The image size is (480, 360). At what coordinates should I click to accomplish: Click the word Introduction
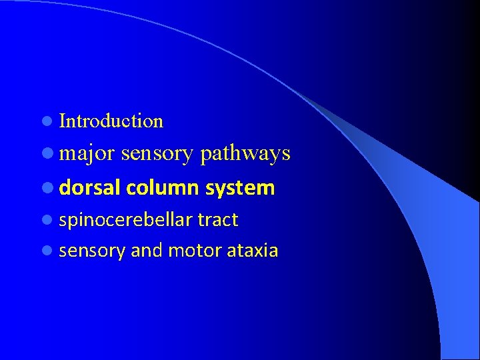[x=111, y=121]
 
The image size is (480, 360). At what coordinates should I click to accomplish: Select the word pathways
[x=245, y=153]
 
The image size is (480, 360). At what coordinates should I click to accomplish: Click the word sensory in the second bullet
[x=157, y=153]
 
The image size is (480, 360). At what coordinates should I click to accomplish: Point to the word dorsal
[x=89, y=188]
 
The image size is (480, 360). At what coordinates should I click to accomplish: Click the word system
[x=240, y=188]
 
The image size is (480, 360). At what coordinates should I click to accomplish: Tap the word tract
[x=217, y=220]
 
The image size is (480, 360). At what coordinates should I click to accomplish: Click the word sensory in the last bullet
[x=93, y=251]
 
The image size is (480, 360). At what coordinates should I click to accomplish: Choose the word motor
[x=195, y=251]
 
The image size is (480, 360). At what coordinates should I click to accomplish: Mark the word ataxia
[x=253, y=251]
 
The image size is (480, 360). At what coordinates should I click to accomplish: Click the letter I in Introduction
[x=63, y=121]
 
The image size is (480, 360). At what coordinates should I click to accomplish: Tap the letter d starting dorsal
[x=65, y=188]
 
